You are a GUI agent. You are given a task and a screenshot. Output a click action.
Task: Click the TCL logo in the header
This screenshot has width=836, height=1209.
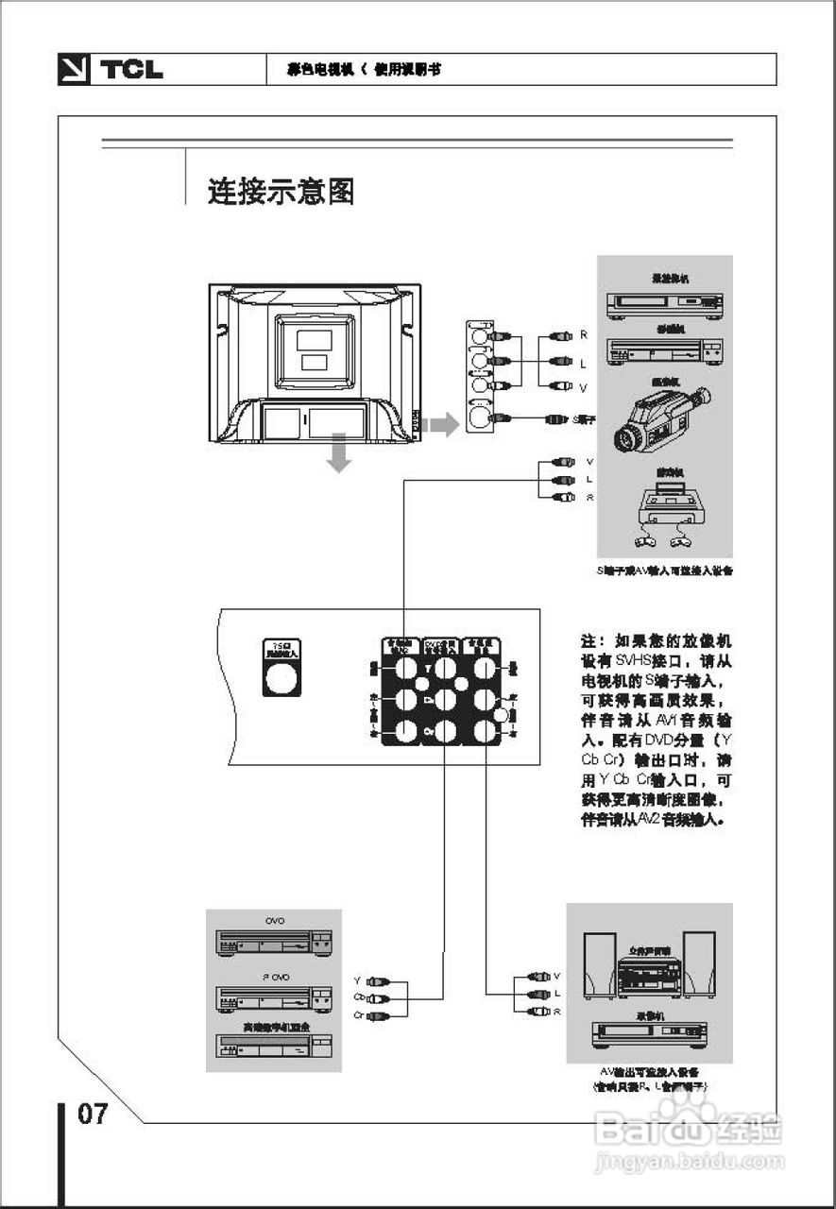click(111, 70)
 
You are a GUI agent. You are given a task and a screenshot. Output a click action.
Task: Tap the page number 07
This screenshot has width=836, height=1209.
click(93, 1114)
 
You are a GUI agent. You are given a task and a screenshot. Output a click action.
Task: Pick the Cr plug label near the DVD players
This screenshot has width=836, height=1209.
click(359, 1014)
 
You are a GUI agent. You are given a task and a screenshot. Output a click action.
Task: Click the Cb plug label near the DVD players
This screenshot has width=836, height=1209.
click(359, 997)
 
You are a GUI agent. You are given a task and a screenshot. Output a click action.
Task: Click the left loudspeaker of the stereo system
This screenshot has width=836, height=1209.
click(599, 965)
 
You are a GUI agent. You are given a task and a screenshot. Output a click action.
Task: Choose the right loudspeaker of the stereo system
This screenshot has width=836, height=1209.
click(700, 965)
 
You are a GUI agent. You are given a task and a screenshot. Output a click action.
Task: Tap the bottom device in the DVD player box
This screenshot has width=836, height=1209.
click(274, 1046)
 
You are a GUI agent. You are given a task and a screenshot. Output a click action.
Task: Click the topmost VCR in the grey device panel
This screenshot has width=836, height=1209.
click(665, 302)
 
